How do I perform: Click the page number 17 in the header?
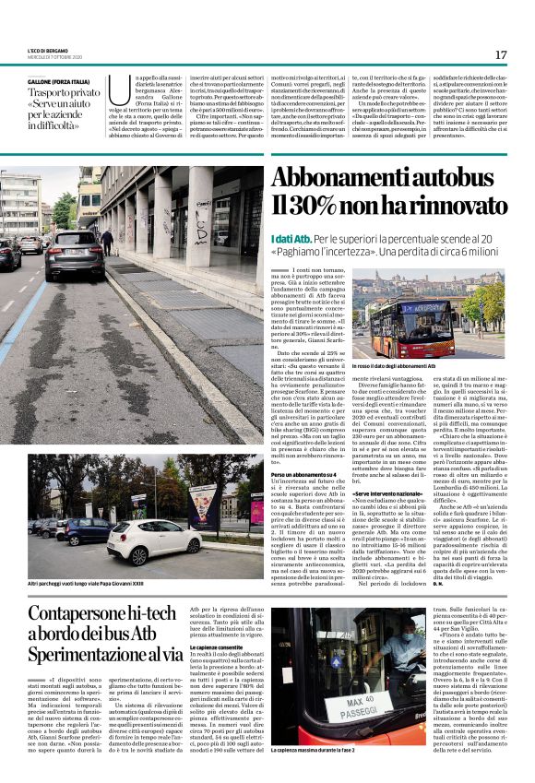point(500,55)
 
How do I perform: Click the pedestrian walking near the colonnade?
point(108,242)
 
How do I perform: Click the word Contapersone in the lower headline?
point(90,612)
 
